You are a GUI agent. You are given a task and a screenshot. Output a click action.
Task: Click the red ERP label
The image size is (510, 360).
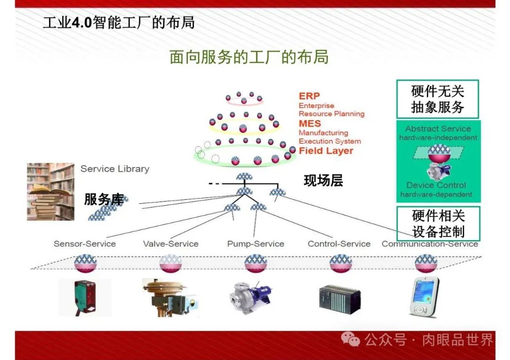(309, 96)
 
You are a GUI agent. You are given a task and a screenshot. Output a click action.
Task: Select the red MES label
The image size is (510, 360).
(309, 124)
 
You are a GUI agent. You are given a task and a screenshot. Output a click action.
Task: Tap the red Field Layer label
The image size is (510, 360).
(326, 151)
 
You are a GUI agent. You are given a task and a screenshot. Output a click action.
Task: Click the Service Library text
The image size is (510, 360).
(115, 169)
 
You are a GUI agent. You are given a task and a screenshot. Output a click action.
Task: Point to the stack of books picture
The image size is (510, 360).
(50, 192)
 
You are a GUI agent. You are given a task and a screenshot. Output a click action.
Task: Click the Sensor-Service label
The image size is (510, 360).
(85, 244)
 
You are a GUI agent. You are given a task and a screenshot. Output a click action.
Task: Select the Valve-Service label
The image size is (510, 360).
(170, 244)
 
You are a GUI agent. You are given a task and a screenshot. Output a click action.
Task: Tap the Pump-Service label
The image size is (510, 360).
(255, 244)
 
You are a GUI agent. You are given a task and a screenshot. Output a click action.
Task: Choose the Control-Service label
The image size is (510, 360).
(339, 244)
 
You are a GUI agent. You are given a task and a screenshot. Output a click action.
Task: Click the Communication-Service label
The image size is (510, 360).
(430, 244)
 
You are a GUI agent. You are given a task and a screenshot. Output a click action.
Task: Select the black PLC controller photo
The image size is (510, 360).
(340, 297)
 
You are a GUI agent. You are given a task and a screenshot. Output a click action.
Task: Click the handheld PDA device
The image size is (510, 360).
(424, 297)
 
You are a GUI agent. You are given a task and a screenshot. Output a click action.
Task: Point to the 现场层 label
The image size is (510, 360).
(323, 181)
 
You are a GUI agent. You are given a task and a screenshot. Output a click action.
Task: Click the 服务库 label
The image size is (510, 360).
(104, 200)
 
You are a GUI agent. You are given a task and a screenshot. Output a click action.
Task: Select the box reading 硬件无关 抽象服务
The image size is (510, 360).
(437, 99)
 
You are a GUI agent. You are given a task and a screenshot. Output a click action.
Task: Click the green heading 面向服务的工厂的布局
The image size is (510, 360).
(249, 57)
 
